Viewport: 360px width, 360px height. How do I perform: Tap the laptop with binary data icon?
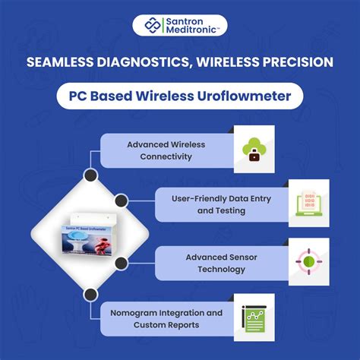pyautogui.click(x=308, y=203)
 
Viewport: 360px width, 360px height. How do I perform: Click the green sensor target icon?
pyautogui.click(x=308, y=261)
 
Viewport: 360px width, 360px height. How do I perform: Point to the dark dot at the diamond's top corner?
pyautogui.click(x=90, y=175)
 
